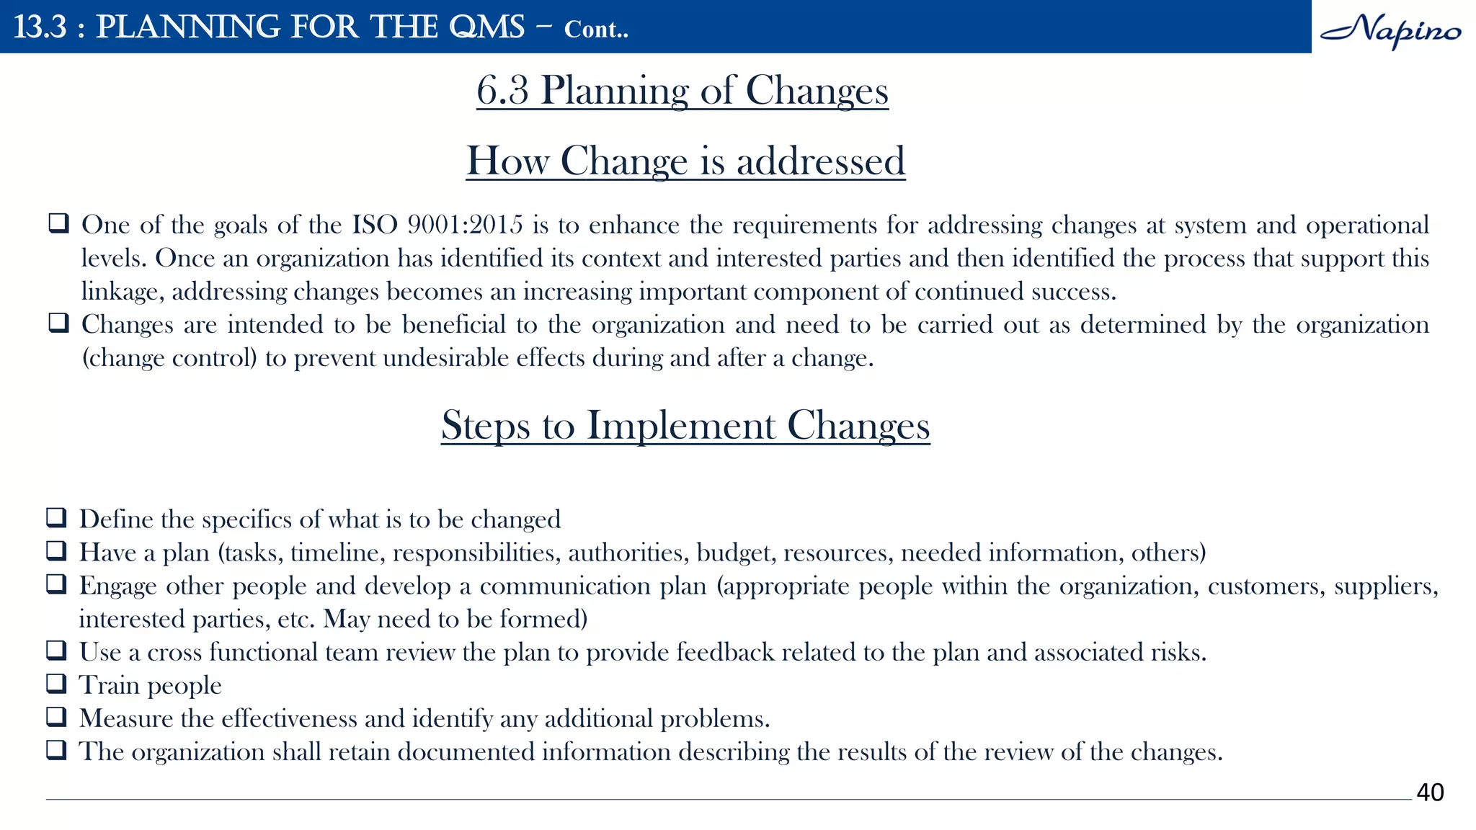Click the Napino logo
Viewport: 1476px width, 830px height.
tap(1390, 30)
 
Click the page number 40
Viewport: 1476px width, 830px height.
tap(1430, 792)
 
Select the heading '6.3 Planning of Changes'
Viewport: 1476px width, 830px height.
tap(682, 91)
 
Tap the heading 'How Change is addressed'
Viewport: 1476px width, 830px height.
tap(685, 161)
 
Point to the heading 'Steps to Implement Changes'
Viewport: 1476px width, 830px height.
tap(685, 425)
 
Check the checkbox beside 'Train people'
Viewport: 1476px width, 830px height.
tap(56, 683)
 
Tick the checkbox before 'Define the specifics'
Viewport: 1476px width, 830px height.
tap(56, 517)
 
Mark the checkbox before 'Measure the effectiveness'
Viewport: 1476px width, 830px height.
tap(56, 716)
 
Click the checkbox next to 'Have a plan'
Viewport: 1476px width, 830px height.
tap(56, 550)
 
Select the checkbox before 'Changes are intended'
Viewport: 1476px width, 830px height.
tap(58, 323)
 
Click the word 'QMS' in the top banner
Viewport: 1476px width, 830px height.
tap(486, 27)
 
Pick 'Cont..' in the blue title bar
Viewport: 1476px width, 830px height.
tap(596, 30)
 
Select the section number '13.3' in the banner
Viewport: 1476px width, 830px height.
tap(40, 27)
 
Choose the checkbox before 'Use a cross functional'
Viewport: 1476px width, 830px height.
tap(56, 650)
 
